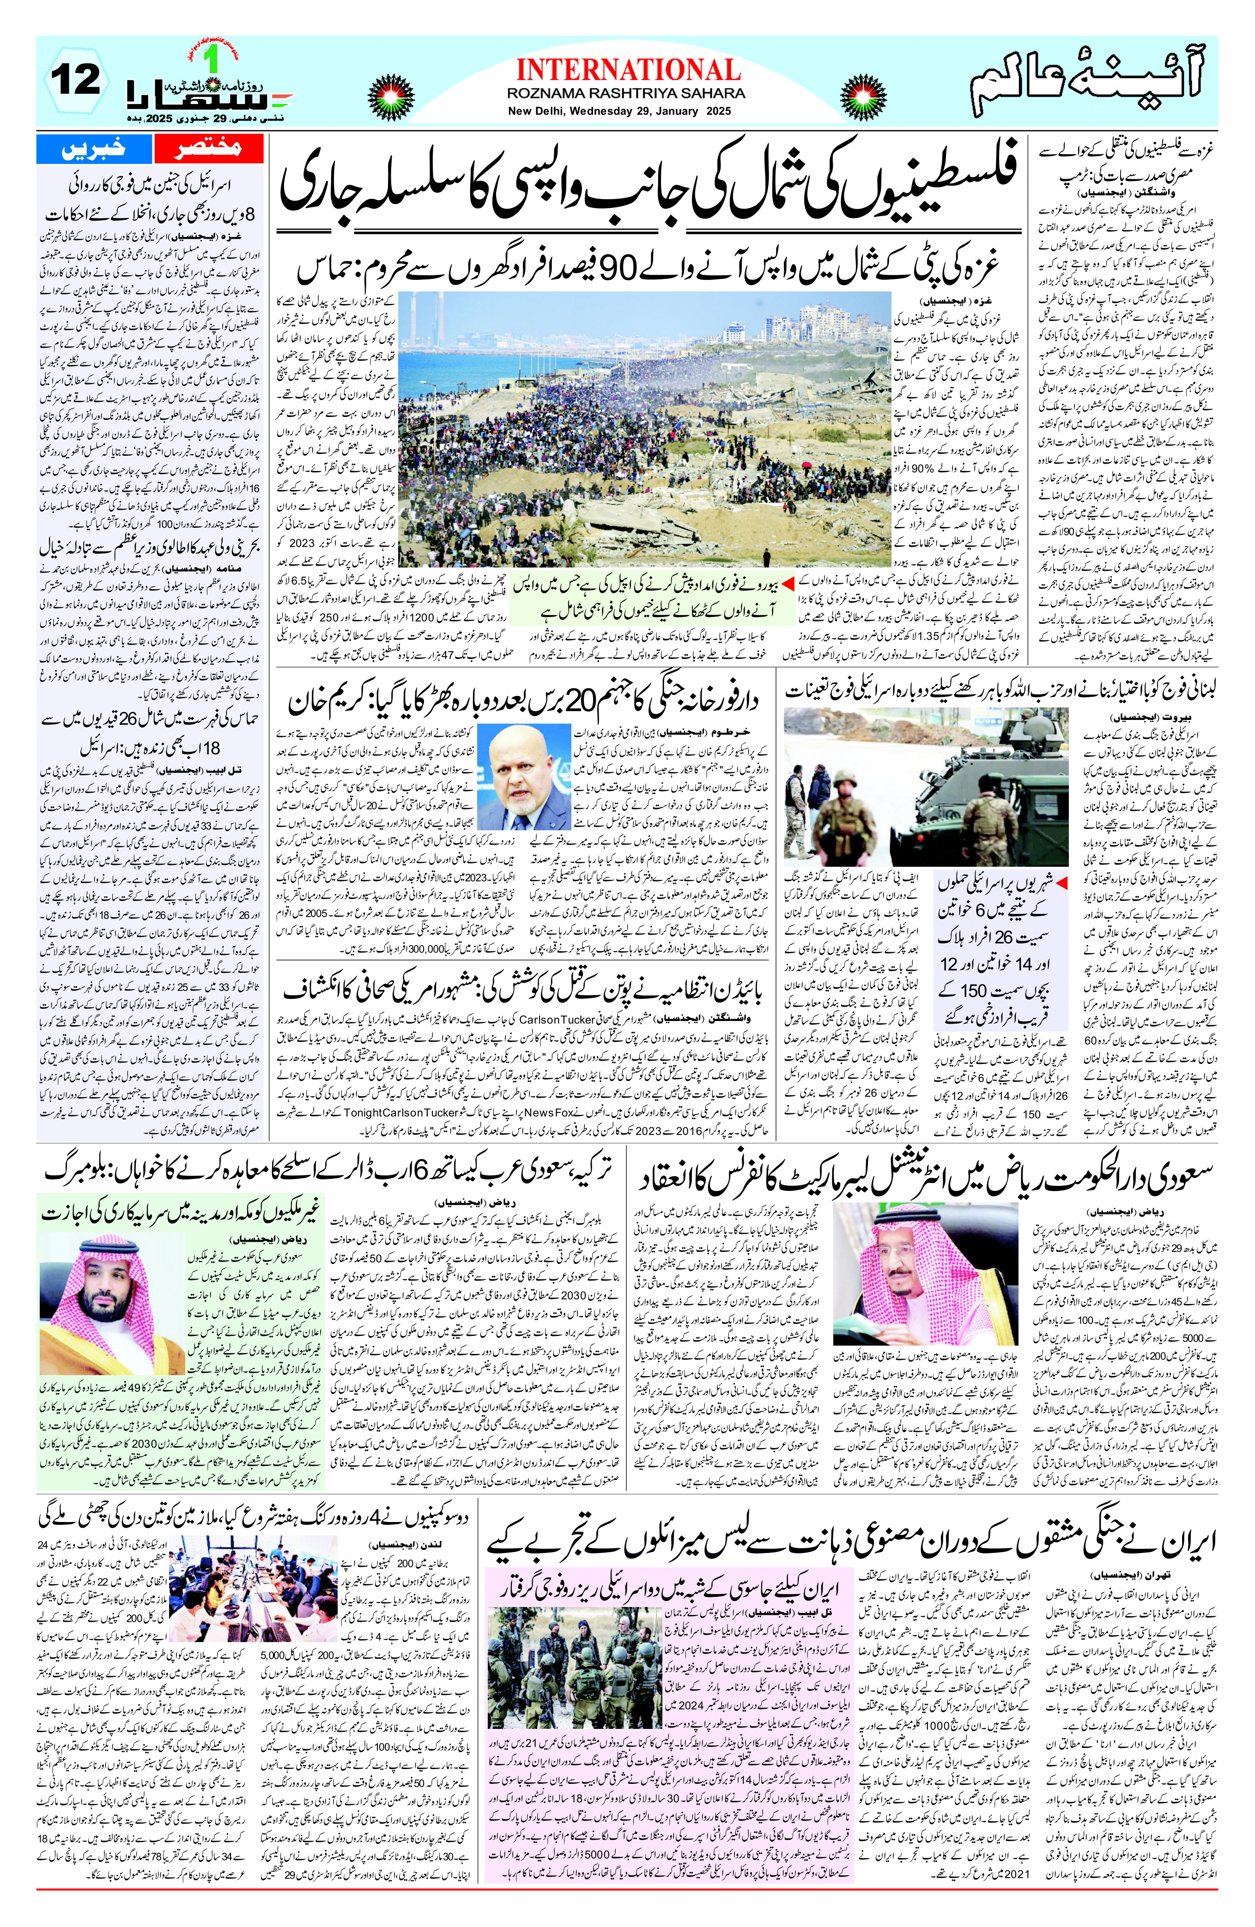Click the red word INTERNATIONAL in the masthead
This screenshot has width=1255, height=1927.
click(x=627, y=70)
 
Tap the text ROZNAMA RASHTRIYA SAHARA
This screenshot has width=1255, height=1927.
click(x=627, y=94)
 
